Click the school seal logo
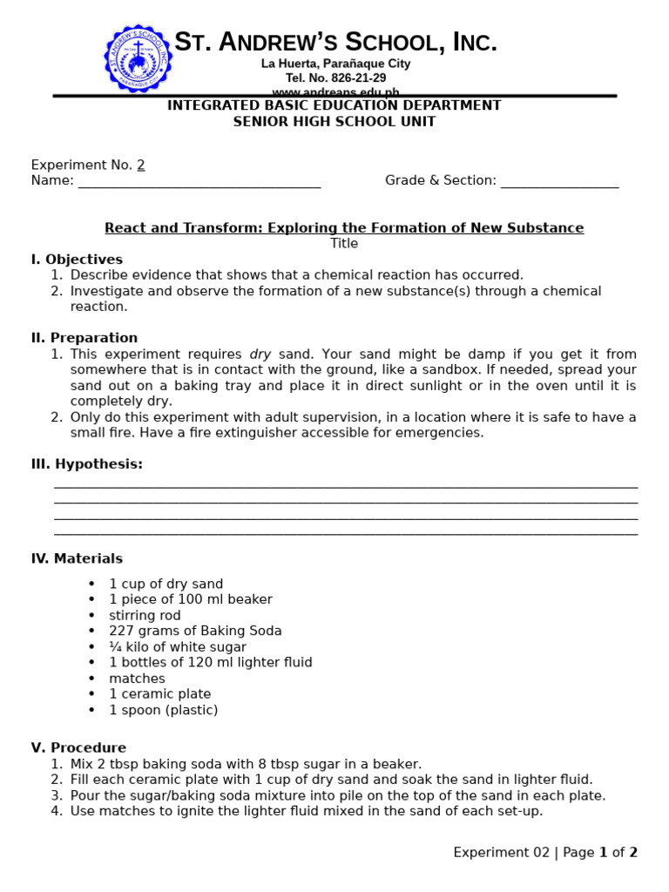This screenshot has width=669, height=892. (x=138, y=58)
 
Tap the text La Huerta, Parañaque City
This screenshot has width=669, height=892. (x=335, y=64)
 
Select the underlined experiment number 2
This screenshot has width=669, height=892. (x=141, y=165)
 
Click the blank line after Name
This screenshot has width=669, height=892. (x=199, y=181)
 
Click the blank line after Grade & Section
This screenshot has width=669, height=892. (x=559, y=181)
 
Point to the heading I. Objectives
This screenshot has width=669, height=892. (x=77, y=260)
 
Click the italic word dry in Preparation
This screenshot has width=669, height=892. (x=260, y=355)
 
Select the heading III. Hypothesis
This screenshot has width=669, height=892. (x=87, y=464)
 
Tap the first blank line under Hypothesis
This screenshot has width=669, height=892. (x=346, y=485)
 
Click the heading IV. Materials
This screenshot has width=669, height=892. (x=77, y=558)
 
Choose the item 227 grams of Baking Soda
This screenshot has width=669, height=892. (x=195, y=631)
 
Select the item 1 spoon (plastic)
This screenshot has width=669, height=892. (x=164, y=710)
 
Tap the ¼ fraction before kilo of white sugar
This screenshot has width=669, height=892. (x=114, y=647)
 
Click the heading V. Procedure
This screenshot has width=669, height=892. (x=78, y=747)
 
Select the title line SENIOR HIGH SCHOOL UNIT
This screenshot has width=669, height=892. (x=334, y=121)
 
